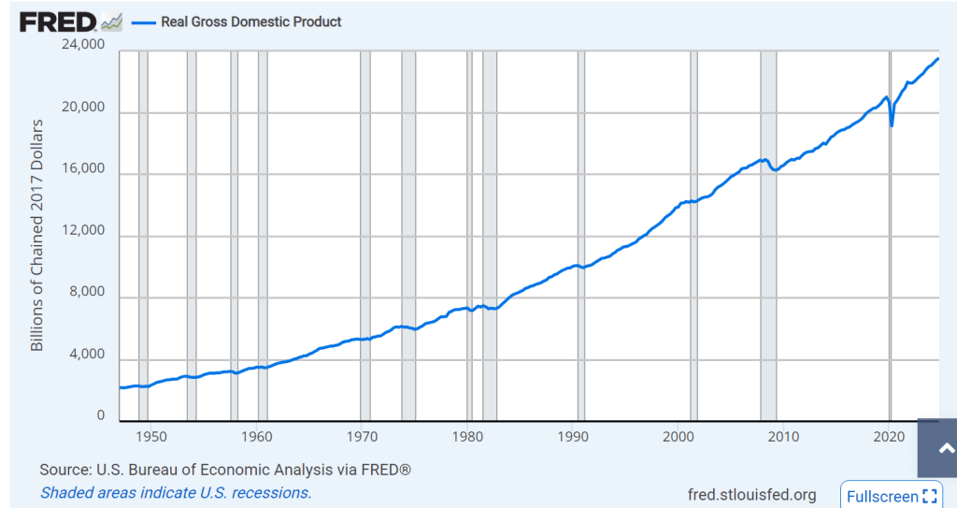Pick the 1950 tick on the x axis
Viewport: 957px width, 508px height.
tap(150, 436)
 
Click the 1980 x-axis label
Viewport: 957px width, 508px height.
tap(467, 436)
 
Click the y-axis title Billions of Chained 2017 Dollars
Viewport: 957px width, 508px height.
tap(38, 235)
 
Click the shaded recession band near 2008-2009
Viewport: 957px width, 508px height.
tap(768, 234)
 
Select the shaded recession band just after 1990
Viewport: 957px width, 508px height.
tap(581, 234)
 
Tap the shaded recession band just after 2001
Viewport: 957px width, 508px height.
tap(693, 234)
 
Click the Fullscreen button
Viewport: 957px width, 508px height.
tap(892, 496)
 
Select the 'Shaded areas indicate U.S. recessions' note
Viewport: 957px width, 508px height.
tap(176, 492)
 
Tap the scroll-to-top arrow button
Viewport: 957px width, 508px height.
tap(936, 449)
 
